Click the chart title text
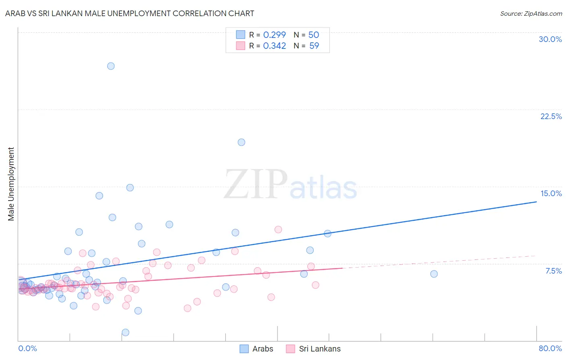(129, 13)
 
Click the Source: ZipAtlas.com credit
(531, 13)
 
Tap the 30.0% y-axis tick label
(550, 39)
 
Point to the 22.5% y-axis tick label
(551, 116)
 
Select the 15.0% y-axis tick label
(551, 193)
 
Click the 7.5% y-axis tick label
(553, 271)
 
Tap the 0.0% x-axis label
(27, 348)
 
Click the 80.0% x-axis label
(550, 348)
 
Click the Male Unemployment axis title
(11, 184)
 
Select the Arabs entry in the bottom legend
(256, 349)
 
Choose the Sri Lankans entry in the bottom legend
(313, 349)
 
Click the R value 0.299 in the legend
(274, 35)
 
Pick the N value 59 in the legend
(314, 46)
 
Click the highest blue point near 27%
(111, 66)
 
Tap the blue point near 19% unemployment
(241, 142)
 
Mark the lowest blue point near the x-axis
(125, 332)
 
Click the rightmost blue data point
(434, 274)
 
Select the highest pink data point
(278, 229)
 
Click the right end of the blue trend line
(536, 201)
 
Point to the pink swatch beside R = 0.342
(241, 46)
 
